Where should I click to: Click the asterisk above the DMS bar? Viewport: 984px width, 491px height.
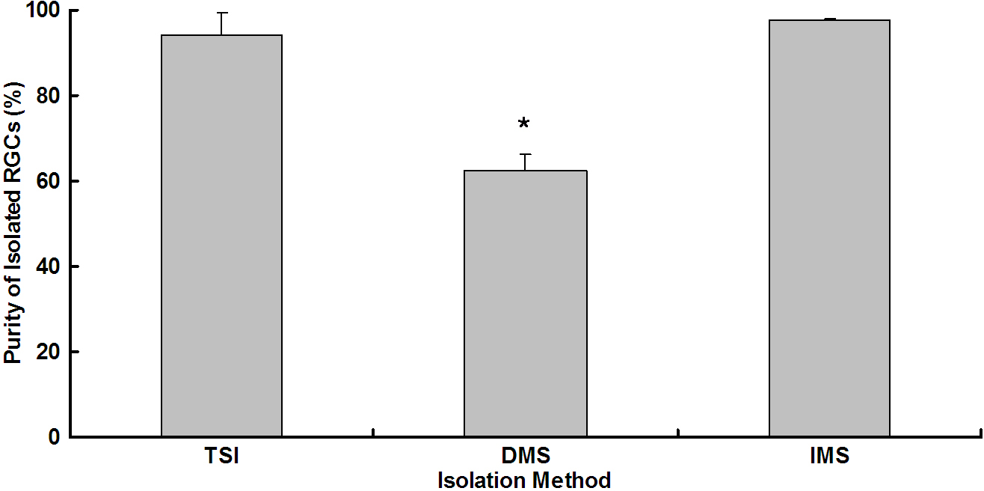(x=524, y=123)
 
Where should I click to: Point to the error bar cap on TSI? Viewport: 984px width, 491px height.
(x=221, y=13)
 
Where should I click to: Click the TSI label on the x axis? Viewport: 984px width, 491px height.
(x=221, y=456)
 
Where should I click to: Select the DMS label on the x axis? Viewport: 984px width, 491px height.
(x=525, y=456)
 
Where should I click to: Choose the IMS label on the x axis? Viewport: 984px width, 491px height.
(x=829, y=456)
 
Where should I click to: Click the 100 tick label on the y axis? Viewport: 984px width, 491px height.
(x=46, y=11)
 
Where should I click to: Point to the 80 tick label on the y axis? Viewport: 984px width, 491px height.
(x=51, y=97)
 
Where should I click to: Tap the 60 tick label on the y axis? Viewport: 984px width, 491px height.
(x=51, y=182)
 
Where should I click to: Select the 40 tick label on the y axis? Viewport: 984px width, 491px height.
(x=51, y=267)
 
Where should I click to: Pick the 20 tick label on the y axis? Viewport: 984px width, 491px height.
(x=51, y=352)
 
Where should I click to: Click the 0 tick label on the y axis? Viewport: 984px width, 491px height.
(x=56, y=437)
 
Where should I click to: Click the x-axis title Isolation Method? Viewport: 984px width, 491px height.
(x=524, y=479)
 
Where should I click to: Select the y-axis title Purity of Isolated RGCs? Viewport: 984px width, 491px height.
(x=13, y=225)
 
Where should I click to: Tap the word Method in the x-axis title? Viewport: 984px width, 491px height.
(x=571, y=479)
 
